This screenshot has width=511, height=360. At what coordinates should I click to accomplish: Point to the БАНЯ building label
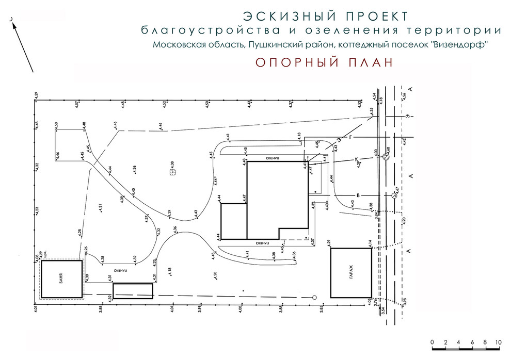click(x=61, y=279)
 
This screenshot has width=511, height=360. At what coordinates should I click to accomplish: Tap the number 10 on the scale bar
click(x=499, y=342)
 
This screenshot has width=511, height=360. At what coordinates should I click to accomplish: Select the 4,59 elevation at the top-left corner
click(x=36, y=96)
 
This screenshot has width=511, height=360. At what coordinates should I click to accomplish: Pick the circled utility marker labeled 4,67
click(x=393, y=195)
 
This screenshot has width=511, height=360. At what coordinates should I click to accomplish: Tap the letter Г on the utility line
click(x=350, y=138)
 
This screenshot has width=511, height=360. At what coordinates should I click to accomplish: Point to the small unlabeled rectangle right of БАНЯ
click(x=133, y=291)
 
